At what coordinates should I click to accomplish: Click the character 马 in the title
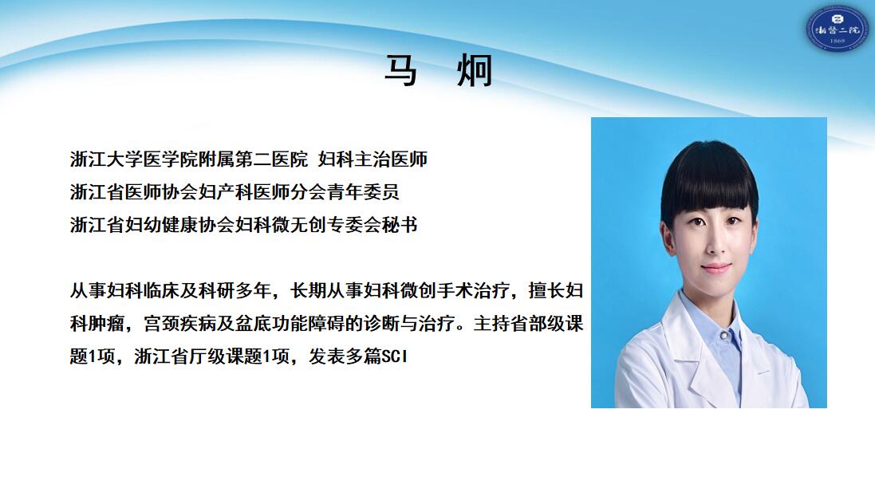click(x=400, y=71)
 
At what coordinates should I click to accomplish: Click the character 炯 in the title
click(x=475, y=71)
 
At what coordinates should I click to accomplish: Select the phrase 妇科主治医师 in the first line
click(x=372, y=159)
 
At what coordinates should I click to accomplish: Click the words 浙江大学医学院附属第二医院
click(x=189, y=159)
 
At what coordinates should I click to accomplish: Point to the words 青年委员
click(x=363, y=192)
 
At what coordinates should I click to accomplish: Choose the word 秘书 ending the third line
click(x=400, y=225)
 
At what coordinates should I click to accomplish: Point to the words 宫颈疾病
click(x=180, y=324)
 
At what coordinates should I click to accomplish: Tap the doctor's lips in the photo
click(x=716, y=268)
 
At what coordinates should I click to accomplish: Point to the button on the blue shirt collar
click(x=723, y=336)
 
